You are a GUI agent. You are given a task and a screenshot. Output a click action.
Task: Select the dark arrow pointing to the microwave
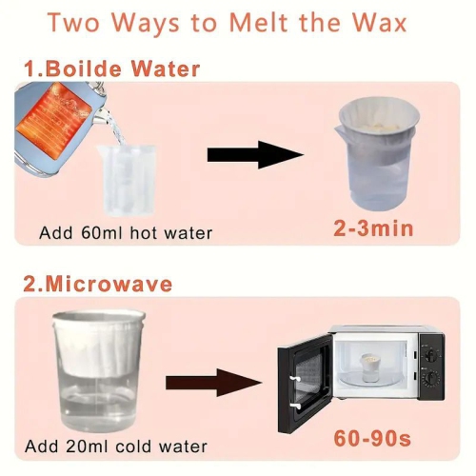click(213, 383)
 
